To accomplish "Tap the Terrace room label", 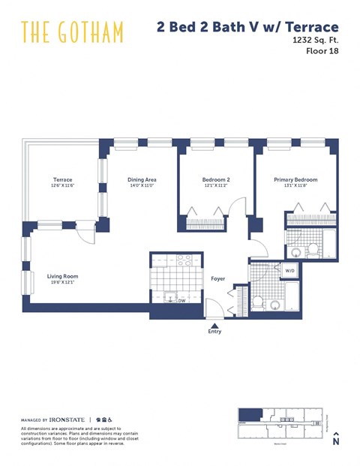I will [62, 179].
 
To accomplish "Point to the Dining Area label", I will [141, 179].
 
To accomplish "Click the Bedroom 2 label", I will [215, 179].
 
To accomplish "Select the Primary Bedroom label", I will [295, 179].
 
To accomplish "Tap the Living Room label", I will [62, 275].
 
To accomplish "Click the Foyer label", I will [217, 278].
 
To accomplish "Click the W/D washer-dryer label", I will [290, 270].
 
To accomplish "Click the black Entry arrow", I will [214, 323].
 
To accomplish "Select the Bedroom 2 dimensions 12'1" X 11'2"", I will [215, 186].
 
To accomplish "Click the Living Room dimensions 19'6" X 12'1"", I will [62, 282].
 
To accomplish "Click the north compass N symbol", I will [336, 440].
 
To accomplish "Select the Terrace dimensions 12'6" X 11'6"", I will [62, 186].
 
